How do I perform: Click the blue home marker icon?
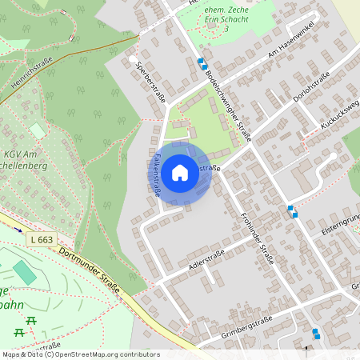[x=180, y=173]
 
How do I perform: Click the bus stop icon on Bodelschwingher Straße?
[x=202, y=63]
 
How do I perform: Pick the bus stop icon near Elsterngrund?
[x=293, y=210]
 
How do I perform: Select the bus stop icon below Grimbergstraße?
[x=317, y=334]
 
